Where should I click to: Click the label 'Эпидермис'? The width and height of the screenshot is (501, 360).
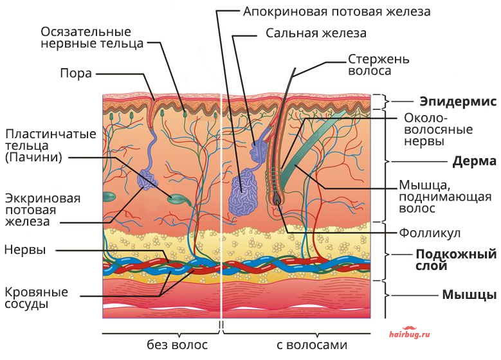tap(458, 102)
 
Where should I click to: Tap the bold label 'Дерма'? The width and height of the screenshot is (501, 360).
tap(474, 161)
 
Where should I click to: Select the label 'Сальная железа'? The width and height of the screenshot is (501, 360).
tap(316, 33)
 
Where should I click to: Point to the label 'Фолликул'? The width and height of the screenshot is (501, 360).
tap(430, 233)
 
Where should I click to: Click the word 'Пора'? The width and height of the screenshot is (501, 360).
tap(76, 73)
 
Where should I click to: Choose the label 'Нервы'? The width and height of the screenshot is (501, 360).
tap(25, 249)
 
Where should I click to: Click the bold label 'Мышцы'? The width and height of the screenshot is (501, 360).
tap(469, 294)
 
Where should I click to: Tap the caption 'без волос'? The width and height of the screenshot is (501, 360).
tap(177, 345)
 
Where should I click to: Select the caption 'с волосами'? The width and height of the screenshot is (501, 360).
tap(312, 345)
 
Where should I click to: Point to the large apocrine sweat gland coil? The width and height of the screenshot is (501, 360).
tap(243, 192)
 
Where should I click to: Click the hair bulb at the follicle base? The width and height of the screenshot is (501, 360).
tap(277, 199)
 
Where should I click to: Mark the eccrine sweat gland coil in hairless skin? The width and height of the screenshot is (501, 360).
tap(147, 179)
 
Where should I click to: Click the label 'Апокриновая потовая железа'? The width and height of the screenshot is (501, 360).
tap(337, 12)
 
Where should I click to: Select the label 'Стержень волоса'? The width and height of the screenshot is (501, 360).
tap(379, 65)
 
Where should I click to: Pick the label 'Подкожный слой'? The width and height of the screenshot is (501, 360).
tap(456, 260)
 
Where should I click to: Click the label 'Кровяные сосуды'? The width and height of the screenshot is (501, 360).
tap(37, 298)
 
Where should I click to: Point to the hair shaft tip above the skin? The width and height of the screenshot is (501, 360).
tap(295, 68)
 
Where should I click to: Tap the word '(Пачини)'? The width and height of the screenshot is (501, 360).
tap(33, 157)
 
